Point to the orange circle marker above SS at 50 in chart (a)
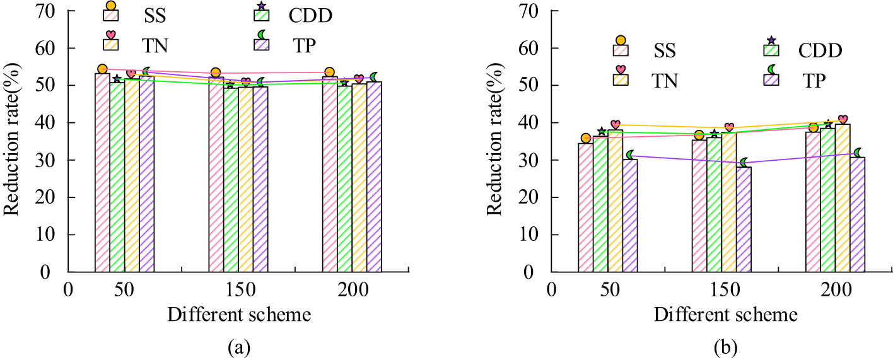102,69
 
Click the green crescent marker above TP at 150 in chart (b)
744,163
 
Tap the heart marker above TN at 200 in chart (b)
843,119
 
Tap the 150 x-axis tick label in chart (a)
238,289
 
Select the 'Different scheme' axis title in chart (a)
238,313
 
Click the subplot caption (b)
723,346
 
